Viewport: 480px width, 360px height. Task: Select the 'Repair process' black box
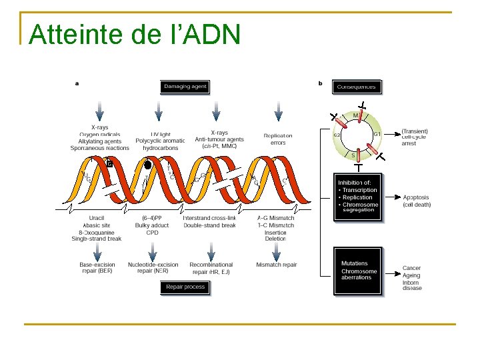coord(185,287)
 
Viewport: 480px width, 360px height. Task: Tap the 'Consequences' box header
coord(357,86)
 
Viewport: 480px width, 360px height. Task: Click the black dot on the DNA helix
coord(149,163)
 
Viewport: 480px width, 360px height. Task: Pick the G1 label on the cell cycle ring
coord(377,134)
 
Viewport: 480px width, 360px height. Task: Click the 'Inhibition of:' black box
coord(358,197)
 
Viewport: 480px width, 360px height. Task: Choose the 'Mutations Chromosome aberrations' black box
coord(358,271)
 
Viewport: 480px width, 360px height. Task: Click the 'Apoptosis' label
coord(417,197)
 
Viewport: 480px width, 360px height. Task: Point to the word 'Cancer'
coord(411,268)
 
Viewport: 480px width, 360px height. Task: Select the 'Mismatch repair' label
coord(276,265)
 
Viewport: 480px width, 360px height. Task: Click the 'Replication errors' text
coord(278,139)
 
